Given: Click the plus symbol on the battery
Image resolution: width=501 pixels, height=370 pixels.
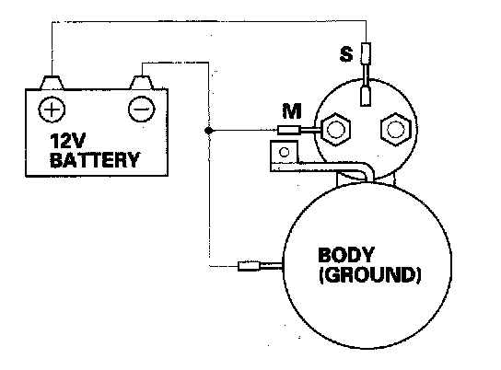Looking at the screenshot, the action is point(52,110).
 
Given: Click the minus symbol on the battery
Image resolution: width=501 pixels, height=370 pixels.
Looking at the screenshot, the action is point(141,110).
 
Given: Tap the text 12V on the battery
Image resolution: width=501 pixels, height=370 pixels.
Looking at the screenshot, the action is point(68,141).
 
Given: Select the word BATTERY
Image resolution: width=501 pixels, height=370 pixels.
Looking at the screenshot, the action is point(95,160).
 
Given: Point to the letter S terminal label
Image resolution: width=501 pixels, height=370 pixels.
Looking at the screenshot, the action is point(346,54).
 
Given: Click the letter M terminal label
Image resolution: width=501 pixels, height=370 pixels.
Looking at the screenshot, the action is point(292,111).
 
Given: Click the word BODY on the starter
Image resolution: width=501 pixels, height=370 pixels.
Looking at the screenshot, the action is point(346,255).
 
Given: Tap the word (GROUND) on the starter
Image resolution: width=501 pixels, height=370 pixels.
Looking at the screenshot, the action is point(369,275).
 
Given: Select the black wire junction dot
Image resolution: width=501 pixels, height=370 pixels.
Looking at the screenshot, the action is point(208,131).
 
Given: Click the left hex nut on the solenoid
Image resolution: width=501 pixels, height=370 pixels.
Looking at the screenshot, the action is point(335,129).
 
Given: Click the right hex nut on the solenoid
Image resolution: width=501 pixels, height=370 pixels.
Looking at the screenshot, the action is point(395,129).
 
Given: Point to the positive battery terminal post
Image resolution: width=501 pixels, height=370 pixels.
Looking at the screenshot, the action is point(52,82).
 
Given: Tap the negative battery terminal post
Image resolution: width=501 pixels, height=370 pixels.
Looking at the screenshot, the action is point(141,82).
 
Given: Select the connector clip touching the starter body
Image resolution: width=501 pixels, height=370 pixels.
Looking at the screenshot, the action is point(250,266).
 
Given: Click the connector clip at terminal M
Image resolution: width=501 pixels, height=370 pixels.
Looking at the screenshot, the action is point(289,130).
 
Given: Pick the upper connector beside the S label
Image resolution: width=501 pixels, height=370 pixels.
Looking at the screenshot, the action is point(366,52).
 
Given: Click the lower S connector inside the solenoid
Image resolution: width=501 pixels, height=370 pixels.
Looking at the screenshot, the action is point(366,96).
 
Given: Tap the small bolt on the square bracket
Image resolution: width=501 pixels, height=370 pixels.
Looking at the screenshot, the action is point(284,152).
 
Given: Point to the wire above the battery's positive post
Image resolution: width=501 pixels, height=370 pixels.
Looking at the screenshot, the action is point(52,49).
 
